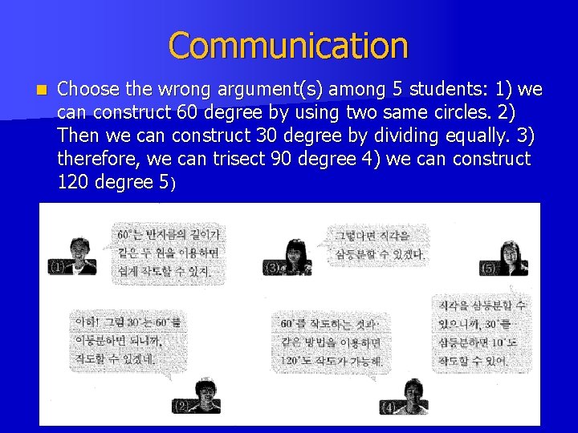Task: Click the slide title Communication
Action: point(288,45)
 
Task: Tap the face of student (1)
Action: point(78,250)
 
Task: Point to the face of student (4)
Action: point(413,394)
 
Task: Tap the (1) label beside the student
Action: point(57,267)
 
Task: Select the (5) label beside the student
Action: point(488,268)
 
